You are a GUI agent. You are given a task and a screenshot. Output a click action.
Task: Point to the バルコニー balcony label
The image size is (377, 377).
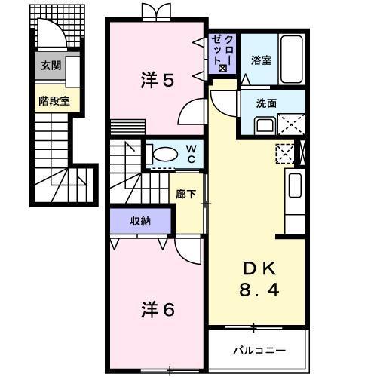click(258, 351)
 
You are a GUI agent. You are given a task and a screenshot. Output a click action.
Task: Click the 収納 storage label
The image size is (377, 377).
click(140, 220)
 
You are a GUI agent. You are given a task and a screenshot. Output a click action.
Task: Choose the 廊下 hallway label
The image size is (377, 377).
click(187, 194)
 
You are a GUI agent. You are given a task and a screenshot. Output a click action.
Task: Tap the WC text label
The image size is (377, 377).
click(191, 155)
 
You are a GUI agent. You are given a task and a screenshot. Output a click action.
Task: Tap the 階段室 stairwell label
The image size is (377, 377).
click(54, 99)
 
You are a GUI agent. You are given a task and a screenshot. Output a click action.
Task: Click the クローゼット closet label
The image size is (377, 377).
click(223, 50)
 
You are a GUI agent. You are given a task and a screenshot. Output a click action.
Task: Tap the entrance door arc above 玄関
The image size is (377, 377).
click(50, 35)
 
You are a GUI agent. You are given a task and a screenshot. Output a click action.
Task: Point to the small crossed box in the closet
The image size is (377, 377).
click(222, 69)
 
